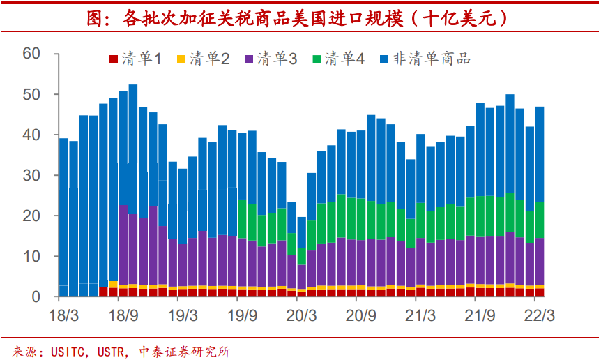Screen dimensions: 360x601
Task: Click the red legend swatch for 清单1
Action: click(114, 59)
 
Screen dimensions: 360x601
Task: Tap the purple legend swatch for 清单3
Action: click(249, 59)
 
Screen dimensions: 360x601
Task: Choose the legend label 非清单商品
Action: click(432, 59)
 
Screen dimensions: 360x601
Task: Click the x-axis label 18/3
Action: click(64, 315)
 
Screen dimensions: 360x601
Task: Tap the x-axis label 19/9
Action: click(242, 315)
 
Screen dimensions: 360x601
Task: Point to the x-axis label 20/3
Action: click(301, 315)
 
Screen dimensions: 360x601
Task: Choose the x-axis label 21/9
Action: click(480, 315)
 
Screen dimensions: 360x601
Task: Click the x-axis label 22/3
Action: click(539, 315)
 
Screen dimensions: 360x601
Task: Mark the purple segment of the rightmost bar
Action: click(539, 262)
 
